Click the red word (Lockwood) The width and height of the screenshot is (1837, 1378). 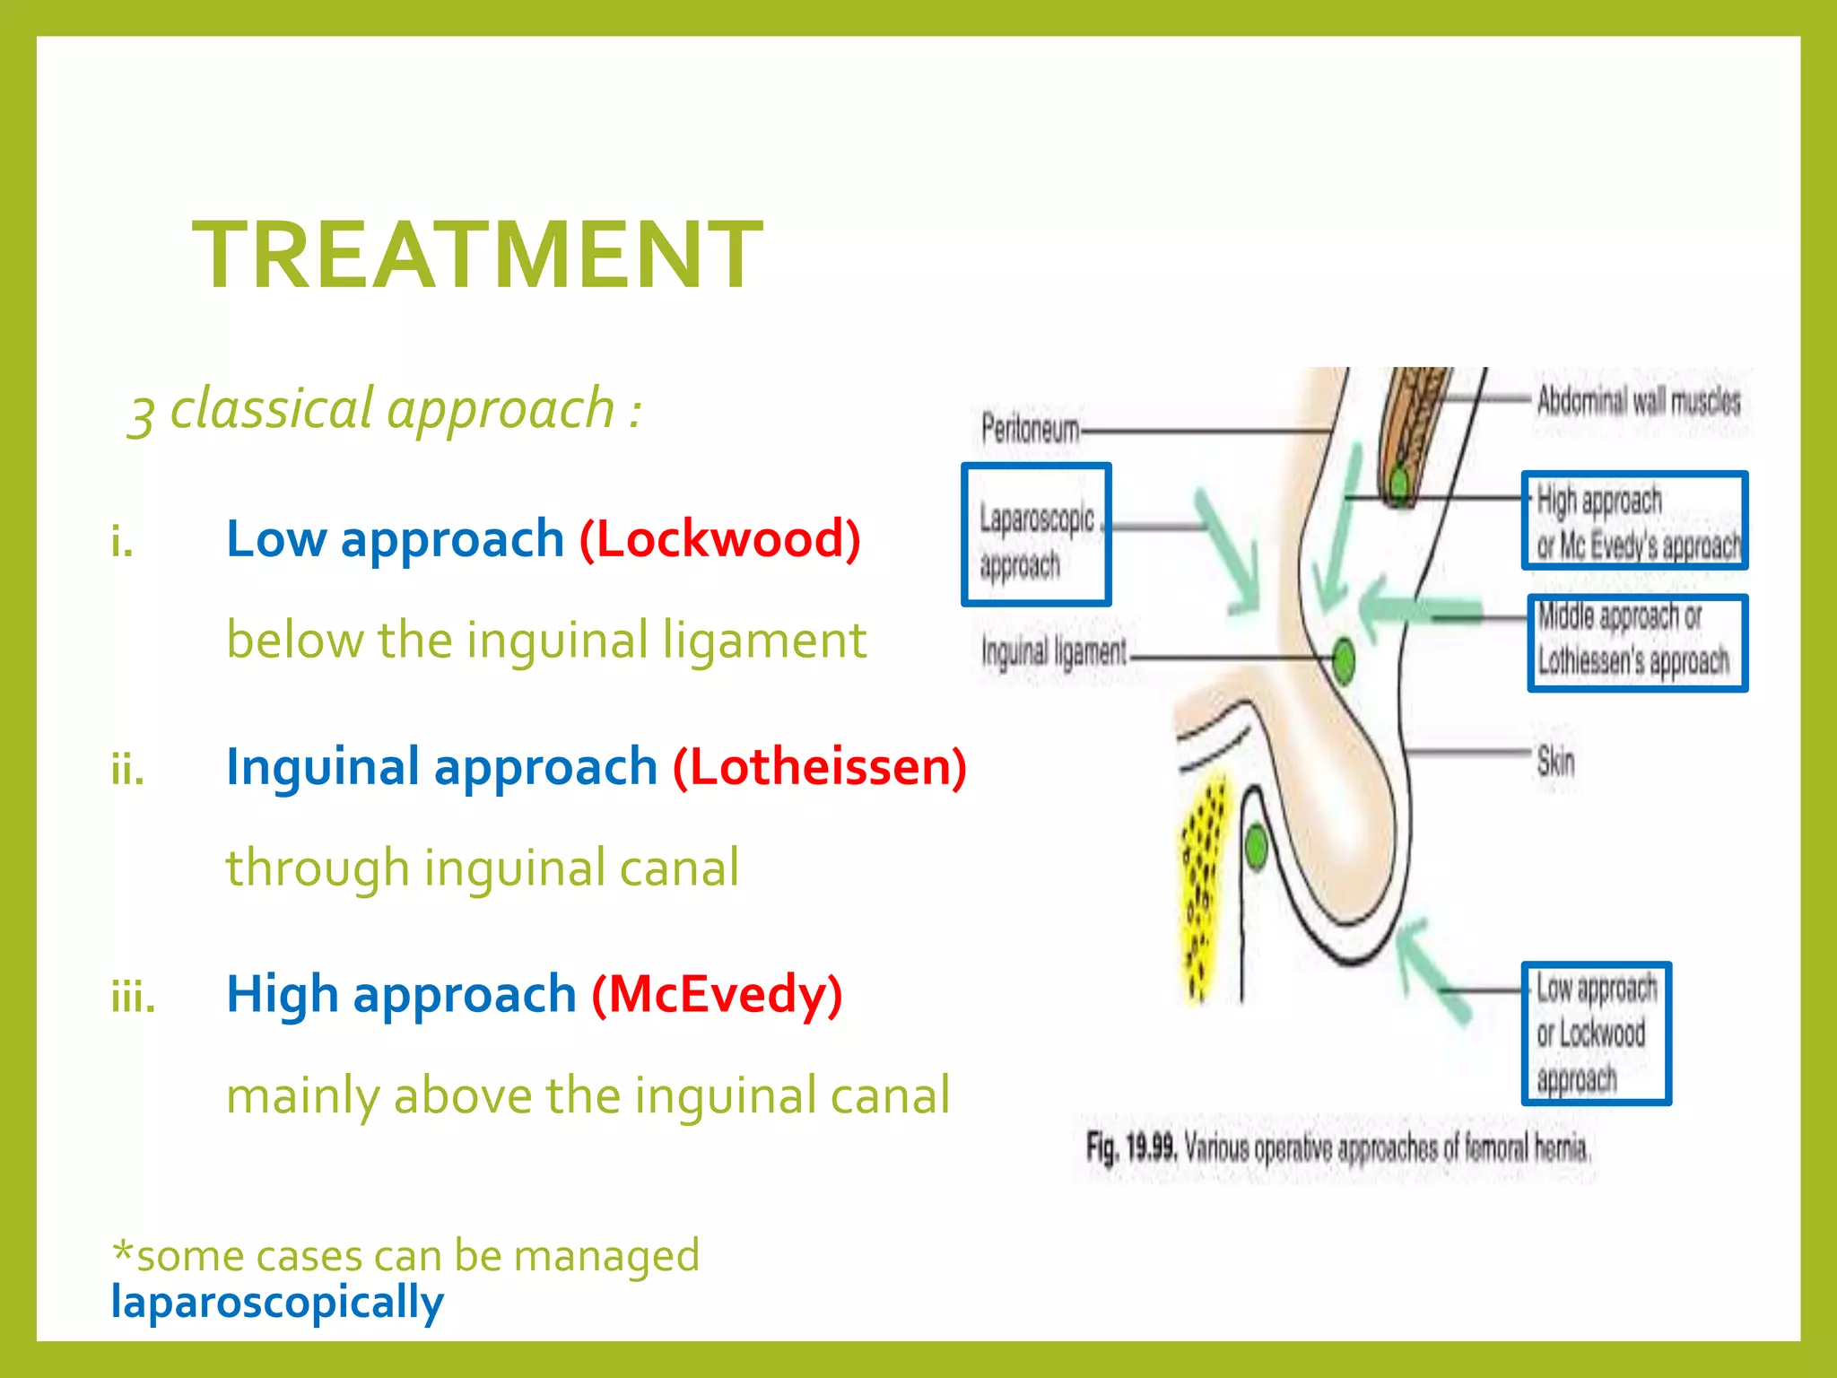coord(719,538)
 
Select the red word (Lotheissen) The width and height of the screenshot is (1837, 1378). coord(820,767)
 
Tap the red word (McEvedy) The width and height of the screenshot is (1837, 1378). coord(717,995)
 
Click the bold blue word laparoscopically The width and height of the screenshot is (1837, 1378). coord(277,1302)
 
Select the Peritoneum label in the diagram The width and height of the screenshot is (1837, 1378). coord(1030,429)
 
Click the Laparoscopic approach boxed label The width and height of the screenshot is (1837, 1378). coord(1036,536)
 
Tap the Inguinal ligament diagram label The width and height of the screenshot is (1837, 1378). coord(1054,652)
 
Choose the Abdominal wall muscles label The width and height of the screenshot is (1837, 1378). coord(1638,401)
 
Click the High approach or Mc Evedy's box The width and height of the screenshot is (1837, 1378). coord(1634,520)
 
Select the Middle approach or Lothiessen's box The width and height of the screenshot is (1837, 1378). coord(1637,642)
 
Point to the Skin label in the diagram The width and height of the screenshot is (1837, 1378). coord(1555,761)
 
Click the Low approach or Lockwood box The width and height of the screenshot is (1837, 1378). coord(1596,1033)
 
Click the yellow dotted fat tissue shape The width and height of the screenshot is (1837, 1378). coord(1200,888)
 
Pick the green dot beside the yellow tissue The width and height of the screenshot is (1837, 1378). coord(1256,846)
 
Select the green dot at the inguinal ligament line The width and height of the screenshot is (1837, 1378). coord(1343,661)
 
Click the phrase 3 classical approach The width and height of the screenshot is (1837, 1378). coord(386,410)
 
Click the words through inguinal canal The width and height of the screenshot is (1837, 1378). coord(483,868)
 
